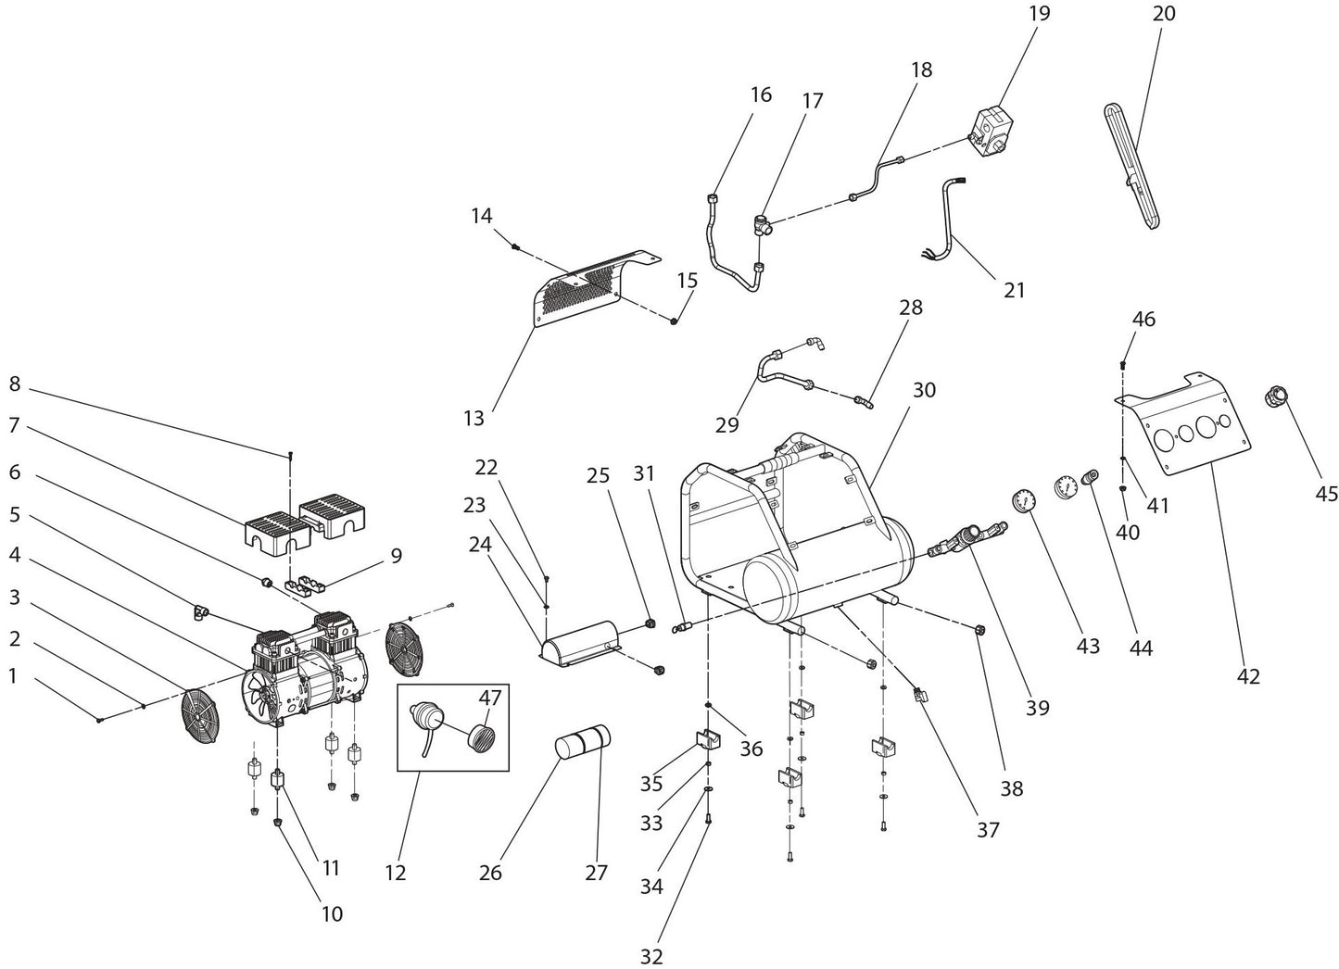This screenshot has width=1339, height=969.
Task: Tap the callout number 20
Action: tap(1164, 14)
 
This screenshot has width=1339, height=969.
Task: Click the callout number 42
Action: tap(1248, 676)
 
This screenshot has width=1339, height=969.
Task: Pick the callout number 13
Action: tap(474, 419)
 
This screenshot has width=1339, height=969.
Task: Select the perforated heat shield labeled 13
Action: tap(584, 287)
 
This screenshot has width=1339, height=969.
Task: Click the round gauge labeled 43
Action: tap(1022, 499)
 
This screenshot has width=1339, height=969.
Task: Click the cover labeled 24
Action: tap(582, 640)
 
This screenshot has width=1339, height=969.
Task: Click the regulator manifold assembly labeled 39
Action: tap(968, 538)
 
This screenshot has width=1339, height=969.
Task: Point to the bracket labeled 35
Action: tap(709, 741)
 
